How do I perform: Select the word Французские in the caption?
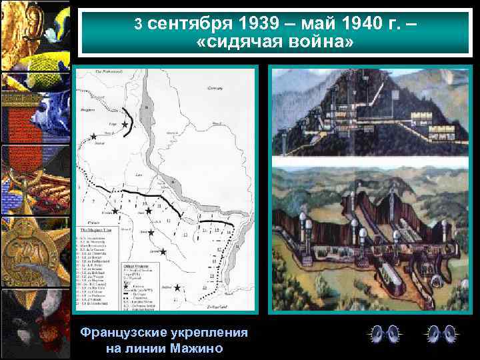click(123, 333)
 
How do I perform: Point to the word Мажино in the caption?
click(197, 348)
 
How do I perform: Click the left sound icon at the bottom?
click(385, 333)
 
